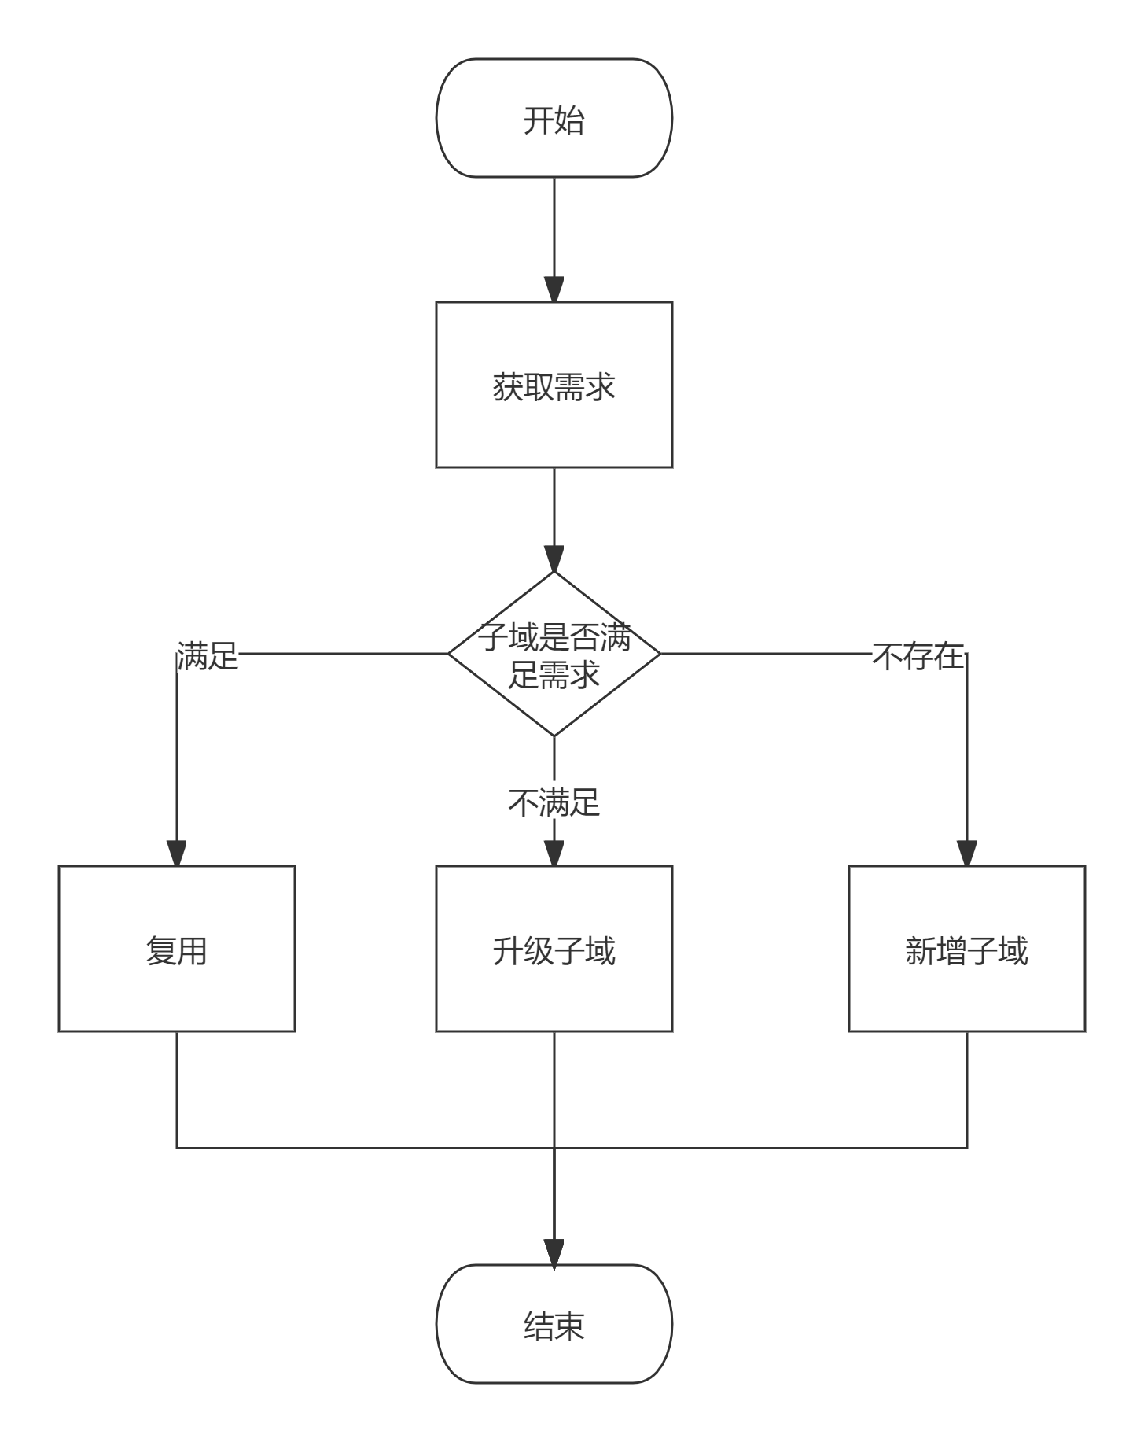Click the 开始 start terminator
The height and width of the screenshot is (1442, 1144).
554,118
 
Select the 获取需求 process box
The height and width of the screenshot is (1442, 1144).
554,385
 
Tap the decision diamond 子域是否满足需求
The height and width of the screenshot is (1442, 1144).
554,655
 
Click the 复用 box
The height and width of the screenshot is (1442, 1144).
176,949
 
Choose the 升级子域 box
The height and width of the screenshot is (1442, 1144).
554,949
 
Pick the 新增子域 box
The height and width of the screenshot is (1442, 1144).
966,949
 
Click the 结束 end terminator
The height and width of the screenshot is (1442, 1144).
554,1324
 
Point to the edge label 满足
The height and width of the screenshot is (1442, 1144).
208,655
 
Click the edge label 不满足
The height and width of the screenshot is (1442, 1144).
554,802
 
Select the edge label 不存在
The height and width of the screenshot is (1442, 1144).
918,655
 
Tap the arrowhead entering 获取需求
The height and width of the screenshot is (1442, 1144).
554,289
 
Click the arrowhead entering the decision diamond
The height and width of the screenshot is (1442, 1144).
554,559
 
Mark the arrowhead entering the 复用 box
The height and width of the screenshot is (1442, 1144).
176,854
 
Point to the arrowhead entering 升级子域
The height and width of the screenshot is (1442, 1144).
554,854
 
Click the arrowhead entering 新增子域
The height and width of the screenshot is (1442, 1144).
966,854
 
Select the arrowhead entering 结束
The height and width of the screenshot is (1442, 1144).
554,1252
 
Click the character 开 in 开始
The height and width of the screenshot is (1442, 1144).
539,120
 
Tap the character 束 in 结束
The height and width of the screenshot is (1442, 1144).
570,1326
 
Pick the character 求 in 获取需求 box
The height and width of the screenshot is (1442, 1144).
601,386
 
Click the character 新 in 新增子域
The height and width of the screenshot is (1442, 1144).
920,950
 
